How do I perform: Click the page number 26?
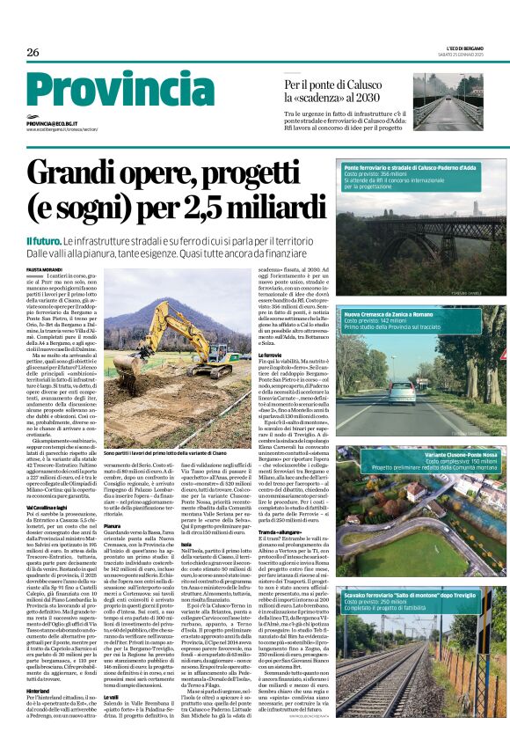[x=33, y=53]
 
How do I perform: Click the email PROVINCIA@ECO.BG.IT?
[x=52, y=124]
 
